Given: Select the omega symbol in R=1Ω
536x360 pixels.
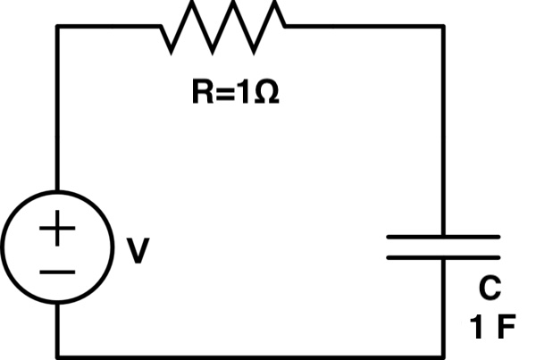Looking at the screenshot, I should point(265,93).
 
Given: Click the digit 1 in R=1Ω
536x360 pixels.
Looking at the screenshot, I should point(244,93).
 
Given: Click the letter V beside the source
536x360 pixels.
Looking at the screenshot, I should point(137,252).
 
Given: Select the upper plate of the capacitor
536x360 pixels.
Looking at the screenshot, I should point(442,237).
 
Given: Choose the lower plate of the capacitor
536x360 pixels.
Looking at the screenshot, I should point(442,257).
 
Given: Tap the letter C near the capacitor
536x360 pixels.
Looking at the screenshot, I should point(489,289).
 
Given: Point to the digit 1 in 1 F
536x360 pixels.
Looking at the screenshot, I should point(479,325).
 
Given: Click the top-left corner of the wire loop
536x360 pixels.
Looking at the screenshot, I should point(59,27).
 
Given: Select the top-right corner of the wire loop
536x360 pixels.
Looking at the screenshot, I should point(443,27).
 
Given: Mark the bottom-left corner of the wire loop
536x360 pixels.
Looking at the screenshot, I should point(59,352).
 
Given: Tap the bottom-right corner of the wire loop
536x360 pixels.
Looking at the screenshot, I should point(443,352).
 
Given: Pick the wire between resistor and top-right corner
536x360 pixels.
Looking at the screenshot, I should point(366,27).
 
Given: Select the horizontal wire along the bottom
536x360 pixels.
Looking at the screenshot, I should point(250,352).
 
